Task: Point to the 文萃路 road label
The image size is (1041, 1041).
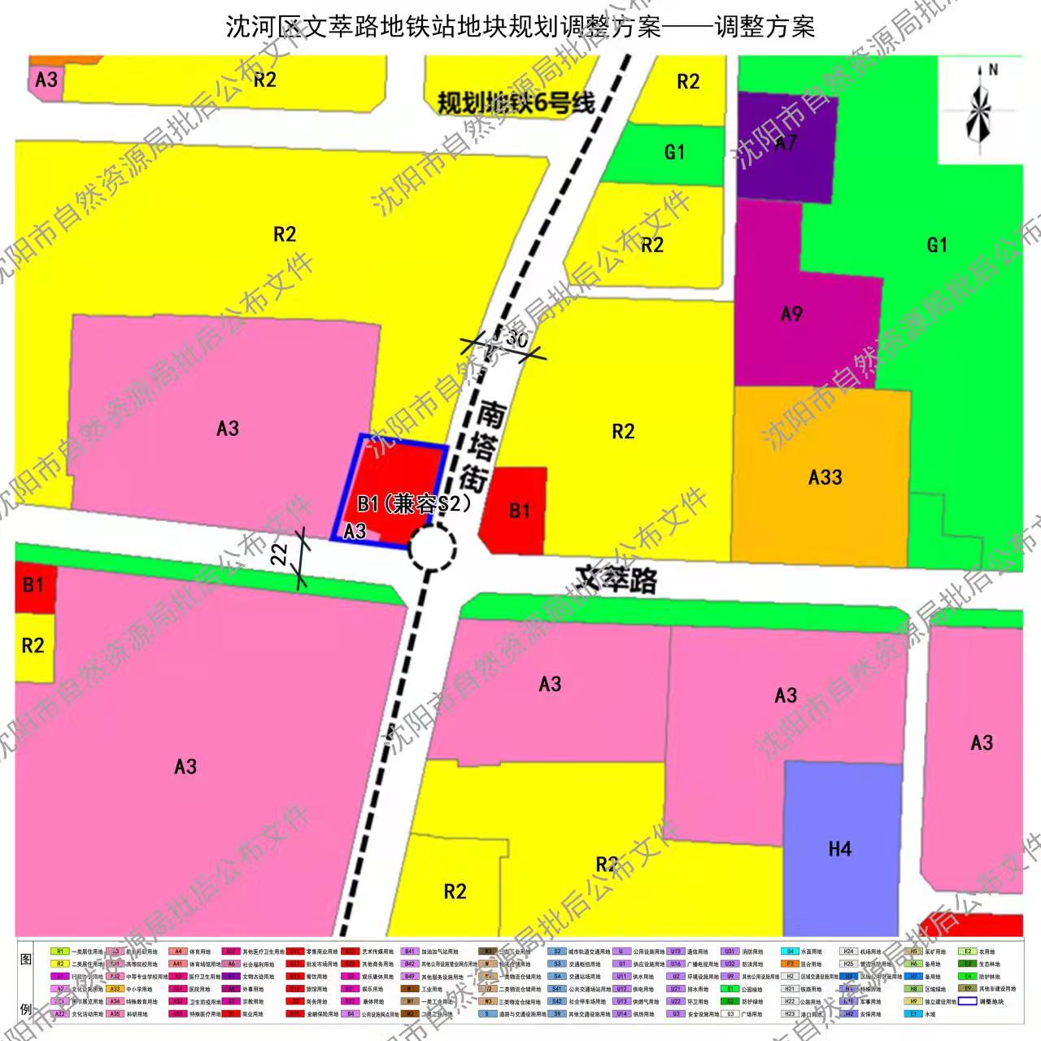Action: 616,579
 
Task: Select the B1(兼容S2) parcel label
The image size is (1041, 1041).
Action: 414,504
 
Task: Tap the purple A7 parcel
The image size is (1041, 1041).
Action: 786,145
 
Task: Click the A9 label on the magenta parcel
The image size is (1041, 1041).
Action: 791,314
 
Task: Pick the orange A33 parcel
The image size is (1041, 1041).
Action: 824,477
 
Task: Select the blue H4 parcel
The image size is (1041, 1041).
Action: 841,849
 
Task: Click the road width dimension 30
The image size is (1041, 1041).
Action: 516,340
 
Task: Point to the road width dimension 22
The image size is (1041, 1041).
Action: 280,555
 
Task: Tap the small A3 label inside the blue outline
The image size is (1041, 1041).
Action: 355,531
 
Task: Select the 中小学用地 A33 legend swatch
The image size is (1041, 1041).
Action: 115,989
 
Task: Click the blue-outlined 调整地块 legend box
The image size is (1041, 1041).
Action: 966,1001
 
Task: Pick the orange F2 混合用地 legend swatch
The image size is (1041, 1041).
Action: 790,964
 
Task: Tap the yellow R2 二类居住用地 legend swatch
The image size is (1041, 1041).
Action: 60,964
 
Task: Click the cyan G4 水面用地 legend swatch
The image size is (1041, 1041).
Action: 790,951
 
